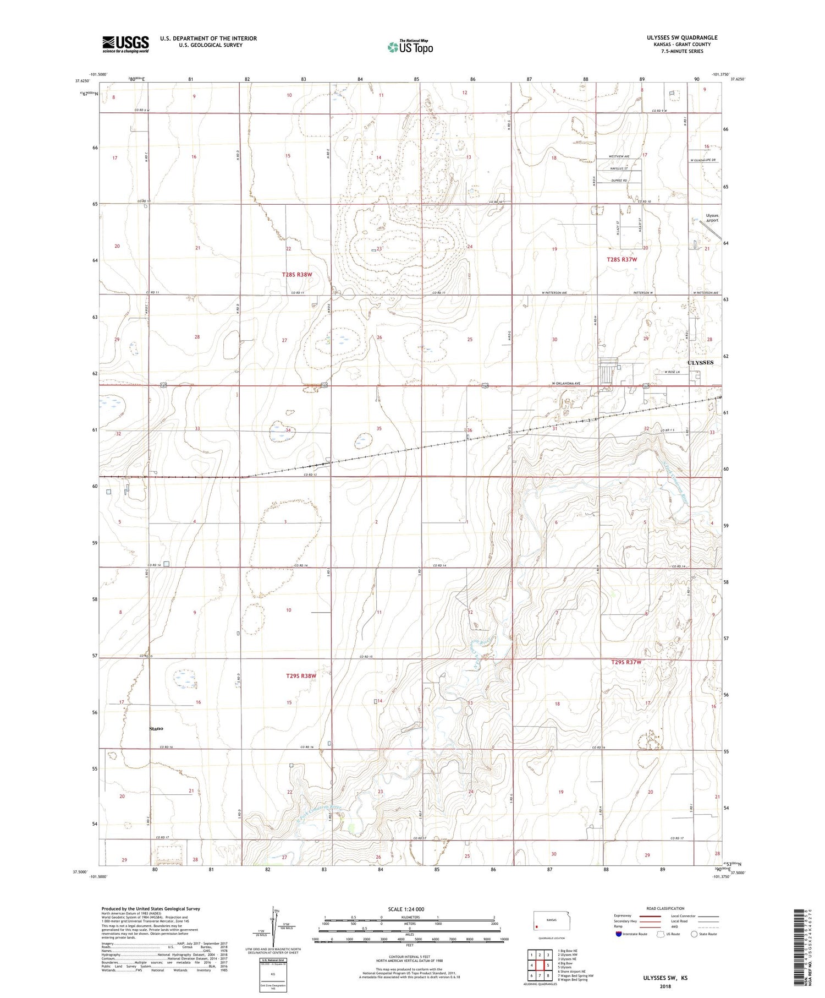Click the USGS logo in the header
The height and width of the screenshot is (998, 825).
[125, 44]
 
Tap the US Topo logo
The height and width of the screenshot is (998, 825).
[410, 47]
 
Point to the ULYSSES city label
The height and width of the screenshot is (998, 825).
[700, 363]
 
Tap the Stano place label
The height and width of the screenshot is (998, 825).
[156, 729]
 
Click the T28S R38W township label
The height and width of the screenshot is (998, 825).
[297, 274]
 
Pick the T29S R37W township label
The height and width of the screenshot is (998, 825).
[626, 662]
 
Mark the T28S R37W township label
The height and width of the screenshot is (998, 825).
[621, 259]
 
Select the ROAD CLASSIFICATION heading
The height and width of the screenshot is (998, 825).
[665, 908]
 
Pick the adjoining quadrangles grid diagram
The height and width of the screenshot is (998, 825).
[539, 966]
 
